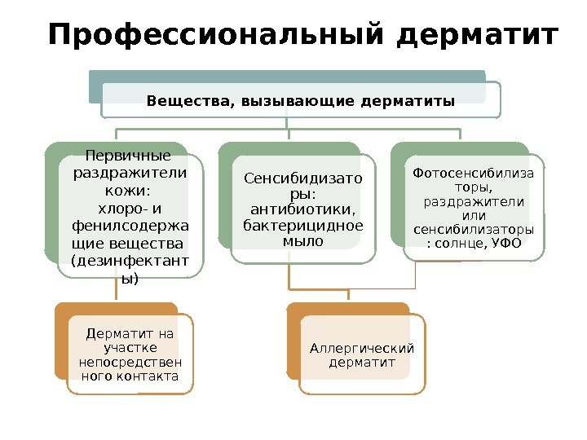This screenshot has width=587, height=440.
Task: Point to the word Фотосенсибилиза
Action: (474, 173)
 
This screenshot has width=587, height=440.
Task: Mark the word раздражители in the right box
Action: (474, 200)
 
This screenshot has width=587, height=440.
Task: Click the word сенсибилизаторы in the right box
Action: (474, 228)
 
